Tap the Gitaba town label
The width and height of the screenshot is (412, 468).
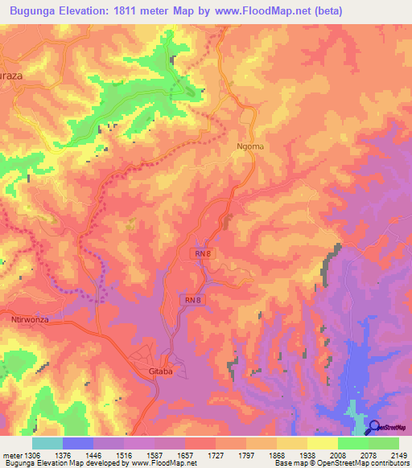pyautogui.click(x=161, y=375)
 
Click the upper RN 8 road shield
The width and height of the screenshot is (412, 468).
pyautogui.click(x=203, y=253)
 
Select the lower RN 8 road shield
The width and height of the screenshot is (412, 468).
pyautogui.click(x=191, y=300)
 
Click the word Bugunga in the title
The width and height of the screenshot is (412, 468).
pyautogui.click(x=35, y=11)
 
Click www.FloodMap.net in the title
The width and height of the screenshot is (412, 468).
pyautogui.click(x=263, y=11)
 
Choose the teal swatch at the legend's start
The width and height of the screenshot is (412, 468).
pyautogui.click(x=47, y=443)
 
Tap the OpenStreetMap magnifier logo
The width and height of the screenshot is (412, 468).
pyautogui.click(x=373, y=428)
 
